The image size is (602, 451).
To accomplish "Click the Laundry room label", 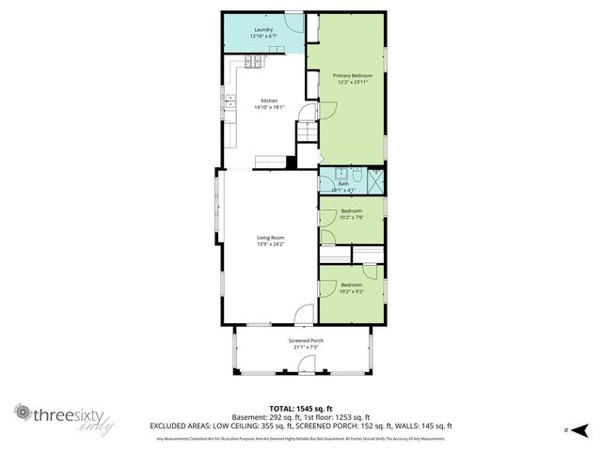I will [x=263, y=30].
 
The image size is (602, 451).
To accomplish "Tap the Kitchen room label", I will [x=268, y=101].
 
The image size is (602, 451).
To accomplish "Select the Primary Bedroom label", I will [x=353, y=75].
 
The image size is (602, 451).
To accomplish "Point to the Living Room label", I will [x=270, y=238].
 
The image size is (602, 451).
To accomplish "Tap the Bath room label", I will [x=344, y=183].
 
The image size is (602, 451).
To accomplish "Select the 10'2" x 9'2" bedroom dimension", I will [x=352, y=289].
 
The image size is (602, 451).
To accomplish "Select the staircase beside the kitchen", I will [x=308, y=132].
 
